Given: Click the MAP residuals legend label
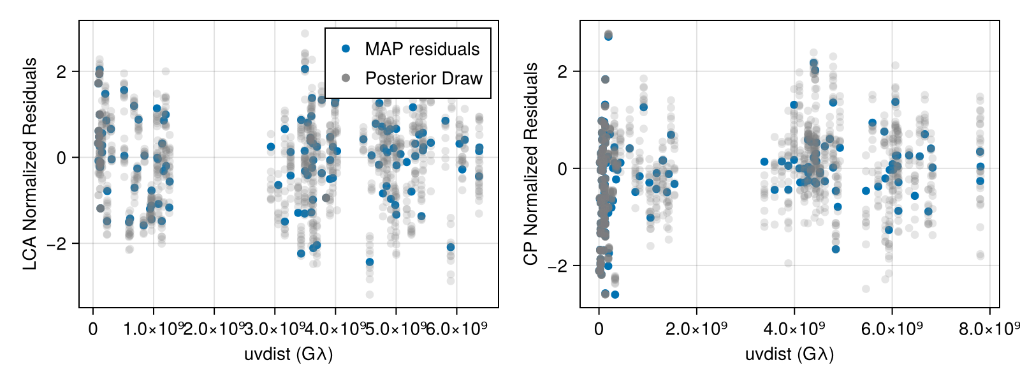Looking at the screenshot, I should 422,49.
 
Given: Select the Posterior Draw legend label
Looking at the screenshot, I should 424,79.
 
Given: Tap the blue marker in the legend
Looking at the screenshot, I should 346,49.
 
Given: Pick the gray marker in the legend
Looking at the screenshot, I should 346,78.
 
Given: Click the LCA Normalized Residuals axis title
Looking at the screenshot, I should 30,164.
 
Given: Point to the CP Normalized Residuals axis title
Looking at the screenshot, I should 531,164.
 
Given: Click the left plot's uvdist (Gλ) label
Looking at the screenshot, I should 288,354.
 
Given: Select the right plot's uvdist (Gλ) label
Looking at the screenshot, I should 789,354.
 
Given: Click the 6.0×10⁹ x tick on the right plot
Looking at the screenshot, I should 892,329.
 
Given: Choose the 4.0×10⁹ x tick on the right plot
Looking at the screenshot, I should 794,329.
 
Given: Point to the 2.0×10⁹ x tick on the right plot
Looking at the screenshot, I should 696,329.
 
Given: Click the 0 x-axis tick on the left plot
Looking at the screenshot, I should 93,329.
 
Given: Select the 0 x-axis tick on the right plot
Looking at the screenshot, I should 599,329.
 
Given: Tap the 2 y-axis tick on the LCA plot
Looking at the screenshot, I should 61,71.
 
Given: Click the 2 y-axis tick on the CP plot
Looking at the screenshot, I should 562,71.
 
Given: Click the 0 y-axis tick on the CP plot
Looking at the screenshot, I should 562,169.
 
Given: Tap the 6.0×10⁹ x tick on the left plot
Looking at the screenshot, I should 456,329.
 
